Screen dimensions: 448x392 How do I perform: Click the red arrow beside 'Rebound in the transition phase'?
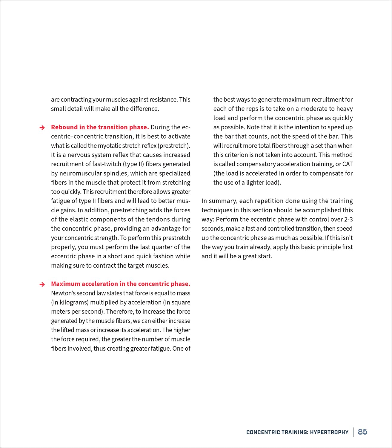[42, 128]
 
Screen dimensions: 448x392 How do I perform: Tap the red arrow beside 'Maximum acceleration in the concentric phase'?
[42, 284]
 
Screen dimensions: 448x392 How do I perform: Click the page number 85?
[362, 432]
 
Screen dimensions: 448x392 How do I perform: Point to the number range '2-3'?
[348, 220]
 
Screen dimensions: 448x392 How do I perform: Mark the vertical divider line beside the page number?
[353, 432]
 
